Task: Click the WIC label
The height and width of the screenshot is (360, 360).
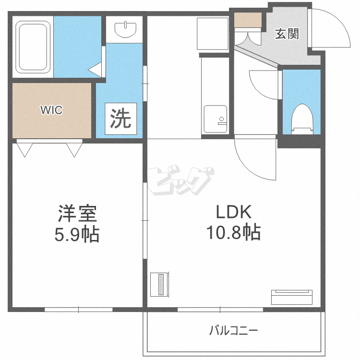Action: click(51, 110)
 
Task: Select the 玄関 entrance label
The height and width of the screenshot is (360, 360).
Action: click(287, 34)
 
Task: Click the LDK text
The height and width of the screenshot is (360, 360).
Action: click(233, 212)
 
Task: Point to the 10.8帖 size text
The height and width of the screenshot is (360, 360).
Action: click(233, 233)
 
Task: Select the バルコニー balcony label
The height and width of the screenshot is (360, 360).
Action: click(233, 331)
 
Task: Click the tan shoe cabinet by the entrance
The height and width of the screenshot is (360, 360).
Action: click(248, 20)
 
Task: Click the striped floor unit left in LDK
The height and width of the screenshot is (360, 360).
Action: click(159, 285)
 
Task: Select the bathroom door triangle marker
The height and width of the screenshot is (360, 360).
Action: click(96, 69)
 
